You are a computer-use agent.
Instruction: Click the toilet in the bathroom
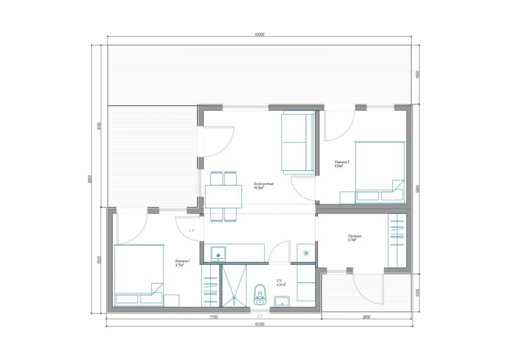click(x=260, y=295)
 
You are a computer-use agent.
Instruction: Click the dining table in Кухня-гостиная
click(x=223, y=196)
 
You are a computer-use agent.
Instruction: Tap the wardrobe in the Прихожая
click(x=397, y=240)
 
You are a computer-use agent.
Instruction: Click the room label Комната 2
click(x=342, y=162)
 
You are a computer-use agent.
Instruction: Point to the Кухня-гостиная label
click(x=264, y=184)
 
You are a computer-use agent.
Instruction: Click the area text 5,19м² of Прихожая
click(x=352, y=240)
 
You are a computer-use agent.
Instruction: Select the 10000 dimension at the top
click(x=259, y=35)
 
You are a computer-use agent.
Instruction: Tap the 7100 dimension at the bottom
click(x=214, y=317)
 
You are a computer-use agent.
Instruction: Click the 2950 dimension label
click(x=366, y=317)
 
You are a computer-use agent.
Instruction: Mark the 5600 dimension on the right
click(x=418, y=189)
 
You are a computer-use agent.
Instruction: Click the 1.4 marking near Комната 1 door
click(x=191, y=231)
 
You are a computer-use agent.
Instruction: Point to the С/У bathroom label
click(x=279, y=281)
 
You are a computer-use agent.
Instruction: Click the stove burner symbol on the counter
click(x=306, y=253)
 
